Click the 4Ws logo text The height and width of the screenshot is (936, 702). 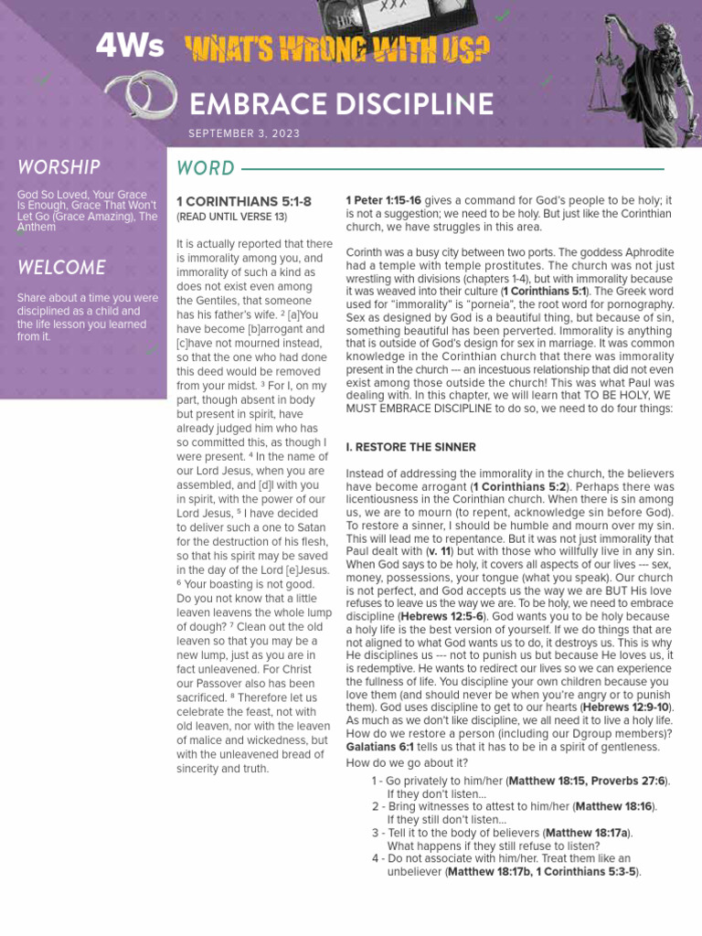(130, 48)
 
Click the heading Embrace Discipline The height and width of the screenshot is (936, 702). (341, 102)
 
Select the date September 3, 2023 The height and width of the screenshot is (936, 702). (244, 133)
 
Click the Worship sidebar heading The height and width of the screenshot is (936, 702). (58, 167)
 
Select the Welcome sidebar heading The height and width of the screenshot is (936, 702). (60, 268)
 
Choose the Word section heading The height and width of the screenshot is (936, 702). (206, 168)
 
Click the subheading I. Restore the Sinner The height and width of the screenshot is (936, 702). (410, 447)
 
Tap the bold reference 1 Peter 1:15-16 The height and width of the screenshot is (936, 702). (383, 199)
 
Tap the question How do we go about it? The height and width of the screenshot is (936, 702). (407, 762)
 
